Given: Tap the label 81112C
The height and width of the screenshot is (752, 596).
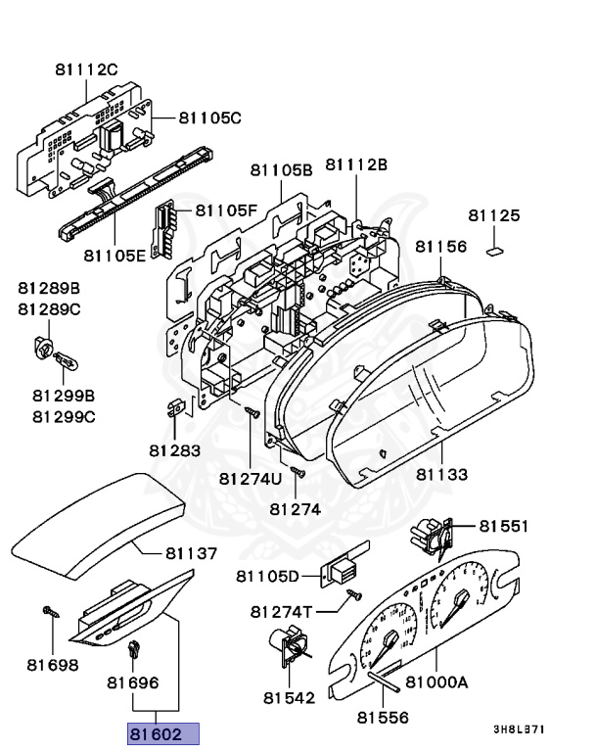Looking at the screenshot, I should pos(86,69).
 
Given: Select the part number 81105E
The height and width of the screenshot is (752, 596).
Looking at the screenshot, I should pos(114,256).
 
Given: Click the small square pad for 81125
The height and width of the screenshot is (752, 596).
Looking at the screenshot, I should pos(494,246).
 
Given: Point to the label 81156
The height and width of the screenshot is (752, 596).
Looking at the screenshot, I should pos(440,246).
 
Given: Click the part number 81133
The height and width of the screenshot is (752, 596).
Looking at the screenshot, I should pos(442,475).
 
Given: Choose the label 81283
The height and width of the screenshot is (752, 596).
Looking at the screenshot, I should pos(174,450).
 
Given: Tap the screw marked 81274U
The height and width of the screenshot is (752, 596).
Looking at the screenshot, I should pos(251,415).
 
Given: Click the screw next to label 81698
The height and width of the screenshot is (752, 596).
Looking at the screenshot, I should pos(46,612).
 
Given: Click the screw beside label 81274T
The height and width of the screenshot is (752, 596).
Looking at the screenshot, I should pos(356,595).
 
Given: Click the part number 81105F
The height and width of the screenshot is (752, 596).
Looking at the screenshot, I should pos(225,210).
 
